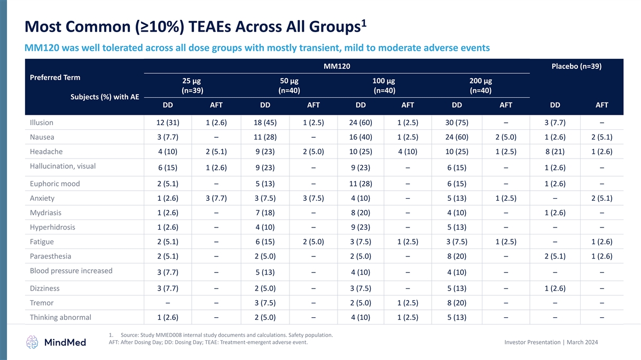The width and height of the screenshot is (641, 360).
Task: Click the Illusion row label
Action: pos(42,122)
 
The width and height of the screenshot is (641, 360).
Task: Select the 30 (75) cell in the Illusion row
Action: pos(458,122)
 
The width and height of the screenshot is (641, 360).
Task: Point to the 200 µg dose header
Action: pos(480,81)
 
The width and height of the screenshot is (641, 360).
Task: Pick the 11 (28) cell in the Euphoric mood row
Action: pos(361,184)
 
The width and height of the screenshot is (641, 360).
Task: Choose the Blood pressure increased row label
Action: pos(71,270)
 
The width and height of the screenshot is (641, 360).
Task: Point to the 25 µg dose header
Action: pos(192,81)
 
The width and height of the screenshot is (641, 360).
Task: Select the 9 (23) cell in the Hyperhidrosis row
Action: pos(361,228)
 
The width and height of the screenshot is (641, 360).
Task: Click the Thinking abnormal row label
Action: pos(61,318)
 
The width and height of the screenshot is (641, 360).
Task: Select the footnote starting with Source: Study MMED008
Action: pos(226,335)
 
